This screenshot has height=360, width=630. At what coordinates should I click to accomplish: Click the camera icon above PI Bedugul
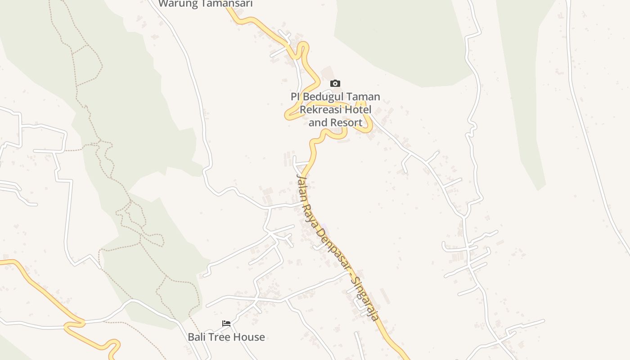tap(335, 83)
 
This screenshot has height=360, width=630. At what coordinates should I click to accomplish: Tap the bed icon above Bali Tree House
tap(226, 324)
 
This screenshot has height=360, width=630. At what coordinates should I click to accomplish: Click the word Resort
tap(346, 122)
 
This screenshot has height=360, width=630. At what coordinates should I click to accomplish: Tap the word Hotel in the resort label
tap(358, 109)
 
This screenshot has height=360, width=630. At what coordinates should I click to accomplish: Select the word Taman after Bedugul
tap(363, 97)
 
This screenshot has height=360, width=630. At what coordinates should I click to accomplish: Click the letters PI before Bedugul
tap(295, 97)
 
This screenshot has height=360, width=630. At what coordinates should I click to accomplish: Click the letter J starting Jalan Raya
tap(298, 179)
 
